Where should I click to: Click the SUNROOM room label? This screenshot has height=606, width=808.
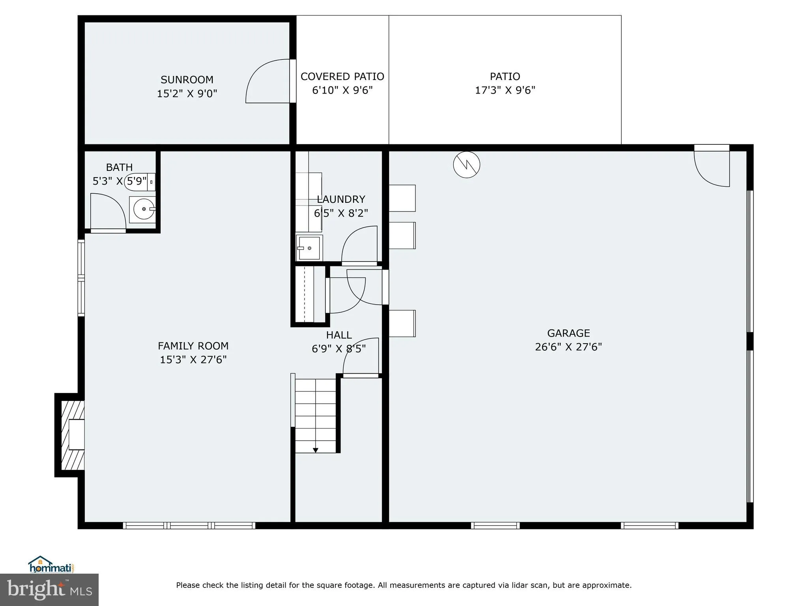[x=187, y=80]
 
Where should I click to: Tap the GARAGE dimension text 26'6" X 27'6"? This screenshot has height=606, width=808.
[x=568, y=347]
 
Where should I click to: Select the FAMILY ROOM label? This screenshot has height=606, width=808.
[x=193, y=346]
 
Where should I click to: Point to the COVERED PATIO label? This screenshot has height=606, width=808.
[x=342, y=77]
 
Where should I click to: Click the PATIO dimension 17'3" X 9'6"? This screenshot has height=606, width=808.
[x=505, y=90]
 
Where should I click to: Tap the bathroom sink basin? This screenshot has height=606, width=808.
[x=142, y=209]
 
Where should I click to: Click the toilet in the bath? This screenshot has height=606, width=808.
[x=139, y=182]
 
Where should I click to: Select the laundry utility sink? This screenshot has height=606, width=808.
[x=309, y=248]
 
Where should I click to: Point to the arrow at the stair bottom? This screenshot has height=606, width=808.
[x=315, y=450]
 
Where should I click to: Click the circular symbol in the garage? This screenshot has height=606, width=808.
[x=466, y=165]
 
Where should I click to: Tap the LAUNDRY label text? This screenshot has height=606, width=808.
[x=341, y=199]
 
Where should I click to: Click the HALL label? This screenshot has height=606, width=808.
[x=339, y=335]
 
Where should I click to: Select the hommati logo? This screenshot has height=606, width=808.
[x=51, y=565]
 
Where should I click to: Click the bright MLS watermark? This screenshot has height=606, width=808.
[x=49, y=589]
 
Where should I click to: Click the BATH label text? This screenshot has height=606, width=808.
[x=119, y=167]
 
